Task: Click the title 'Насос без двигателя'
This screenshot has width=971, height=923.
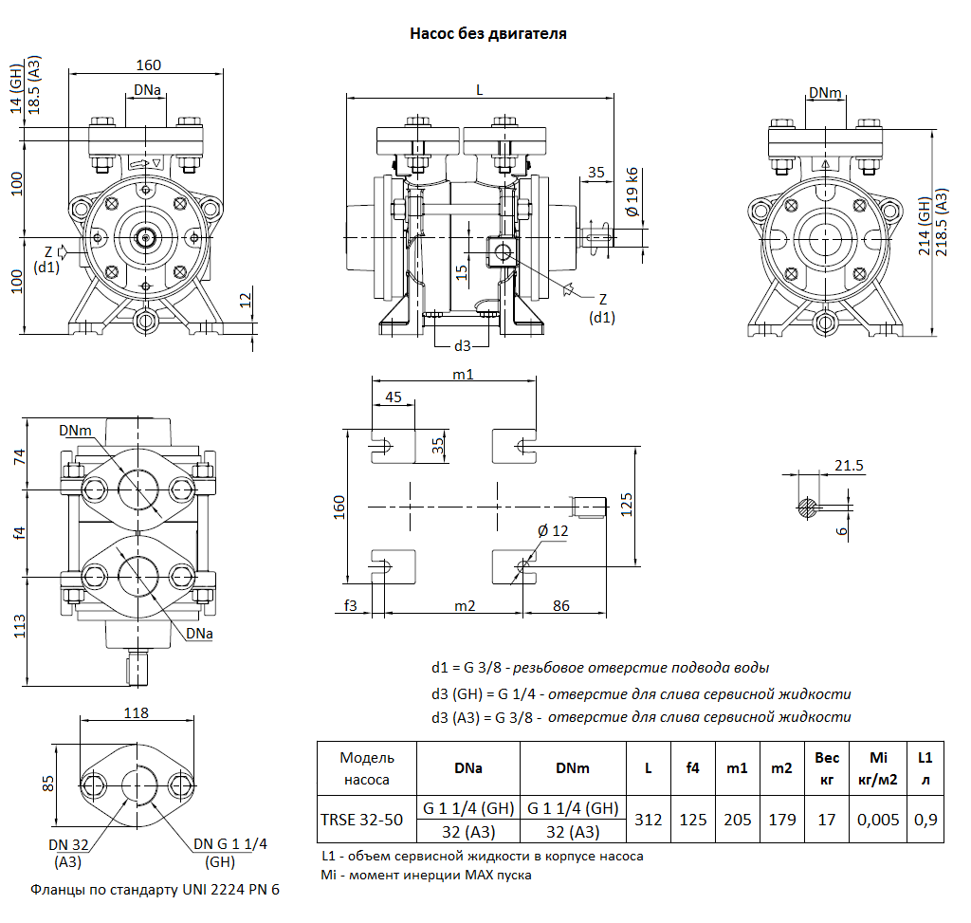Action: (487, 34)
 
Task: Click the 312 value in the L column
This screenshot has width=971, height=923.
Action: (649, 819)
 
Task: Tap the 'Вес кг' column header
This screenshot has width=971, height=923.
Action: (826, 768)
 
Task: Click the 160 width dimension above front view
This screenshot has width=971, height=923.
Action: (149, 65)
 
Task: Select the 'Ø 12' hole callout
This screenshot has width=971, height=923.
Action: (553, 531)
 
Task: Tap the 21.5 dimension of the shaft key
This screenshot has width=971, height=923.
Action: (848, 465)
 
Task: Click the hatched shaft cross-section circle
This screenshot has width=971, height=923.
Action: (807, 507)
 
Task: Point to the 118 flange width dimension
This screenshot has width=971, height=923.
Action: (137, 712)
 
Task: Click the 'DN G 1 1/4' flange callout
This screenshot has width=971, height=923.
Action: (230, 844)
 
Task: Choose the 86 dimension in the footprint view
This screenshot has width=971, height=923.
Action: (561, 604)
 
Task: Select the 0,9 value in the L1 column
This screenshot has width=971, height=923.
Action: (925, 819)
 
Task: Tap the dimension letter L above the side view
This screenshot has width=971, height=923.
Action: (480, 90)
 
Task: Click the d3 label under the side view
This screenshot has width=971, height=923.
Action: (462, 345)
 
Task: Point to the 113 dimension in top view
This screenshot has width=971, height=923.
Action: (20, 626)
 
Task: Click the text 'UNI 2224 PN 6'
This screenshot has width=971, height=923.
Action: (233, 890)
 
